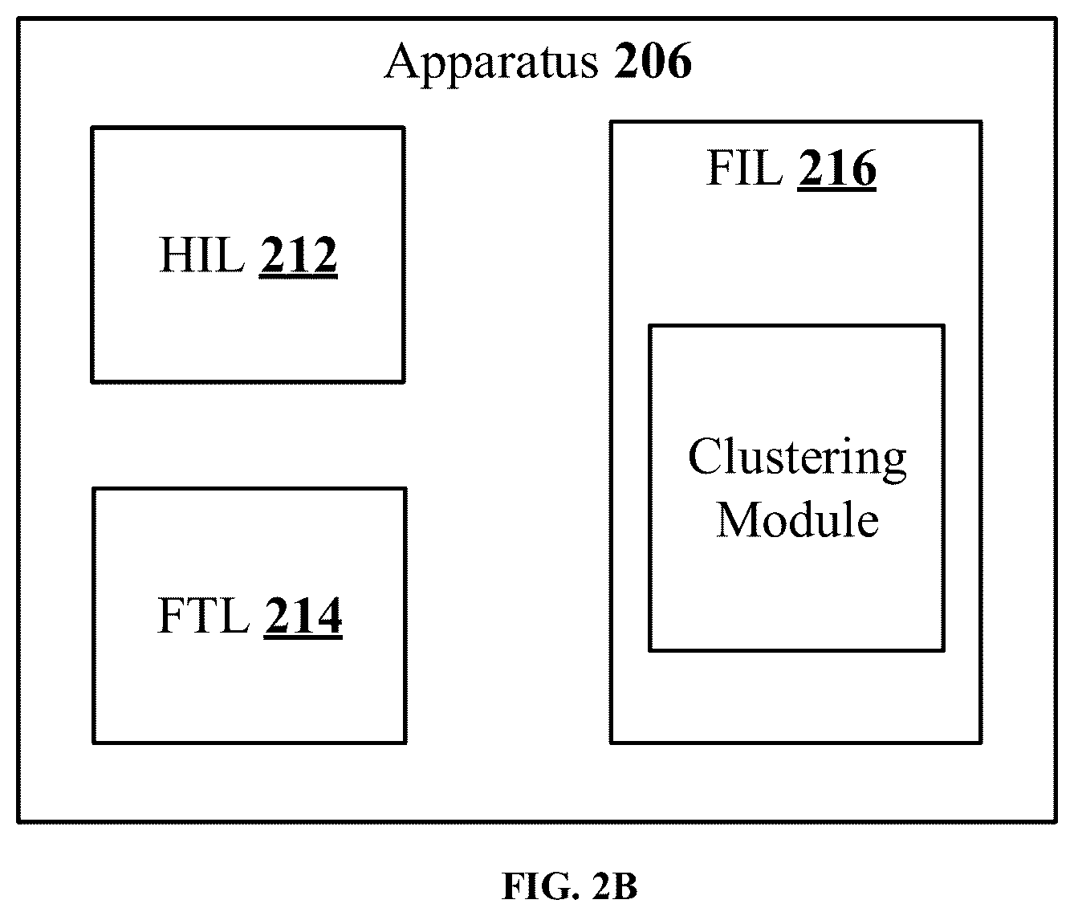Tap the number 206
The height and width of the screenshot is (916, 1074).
pyautogui.click(x=653, y=61)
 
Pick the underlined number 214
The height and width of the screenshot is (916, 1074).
pyautogui.click(x=303, y=617)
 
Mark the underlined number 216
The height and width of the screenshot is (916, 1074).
pyautogui.click(x=836, y=169)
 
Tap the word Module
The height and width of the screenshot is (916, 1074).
pyautogui.click(x=798, y=519)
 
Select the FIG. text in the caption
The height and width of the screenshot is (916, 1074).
pyautogui.click(x=540, y=886)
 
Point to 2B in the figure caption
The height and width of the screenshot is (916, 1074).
pyautogui.click(x=614, y=885)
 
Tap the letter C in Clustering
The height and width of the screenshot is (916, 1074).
pyautogui.click(x=705, y=457)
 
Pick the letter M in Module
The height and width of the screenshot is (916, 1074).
pyautogui.click(x=740, y=519)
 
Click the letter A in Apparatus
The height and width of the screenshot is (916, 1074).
pyautogui.click(x=406, y=61)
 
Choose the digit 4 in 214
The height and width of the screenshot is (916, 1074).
pyautogui.click(x=328, y=615)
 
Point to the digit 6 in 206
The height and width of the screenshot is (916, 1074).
pyautogui.click(x=678, y=61)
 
